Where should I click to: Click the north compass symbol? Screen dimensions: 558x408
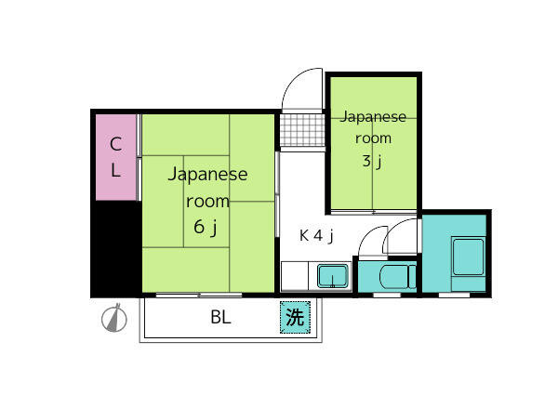[x=114, y=318]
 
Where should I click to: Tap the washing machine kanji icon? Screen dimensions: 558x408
[x=295, y=317]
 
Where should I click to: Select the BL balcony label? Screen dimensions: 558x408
[x=220, y=317]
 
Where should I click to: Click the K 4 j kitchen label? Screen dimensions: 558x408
[x=316, y=236]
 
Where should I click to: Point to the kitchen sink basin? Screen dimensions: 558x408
[x=333, y=275]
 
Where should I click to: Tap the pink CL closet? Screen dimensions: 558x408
[x=116, y=157]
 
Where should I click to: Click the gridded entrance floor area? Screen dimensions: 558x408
[x=302, y=130]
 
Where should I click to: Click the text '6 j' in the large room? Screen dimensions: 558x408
[x=206, y=227]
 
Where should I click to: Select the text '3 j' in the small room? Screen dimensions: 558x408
[x=372, y=161]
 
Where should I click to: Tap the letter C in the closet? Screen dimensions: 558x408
[x=115, y=144]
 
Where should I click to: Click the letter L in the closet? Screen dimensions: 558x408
[x=115, y=170]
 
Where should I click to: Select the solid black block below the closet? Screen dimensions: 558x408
[x=116, y=249]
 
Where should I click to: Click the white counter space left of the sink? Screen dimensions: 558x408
[x=294, y=276]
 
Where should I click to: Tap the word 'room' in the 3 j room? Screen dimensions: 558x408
[x=373, y=138]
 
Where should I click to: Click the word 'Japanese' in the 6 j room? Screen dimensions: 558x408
[x=207, y=175]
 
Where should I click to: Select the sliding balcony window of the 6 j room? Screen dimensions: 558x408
[x=199, y=295]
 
